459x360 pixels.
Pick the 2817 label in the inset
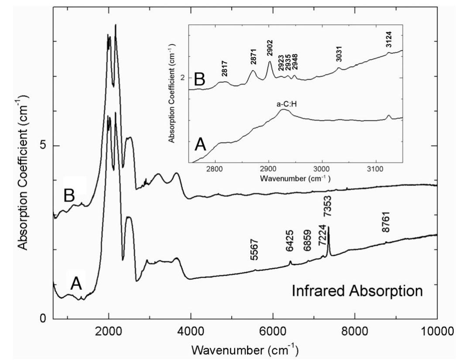pyautogui.click(x=226, y=72)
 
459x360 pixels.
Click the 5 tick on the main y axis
pyautogui.click(x=43, y=146)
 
